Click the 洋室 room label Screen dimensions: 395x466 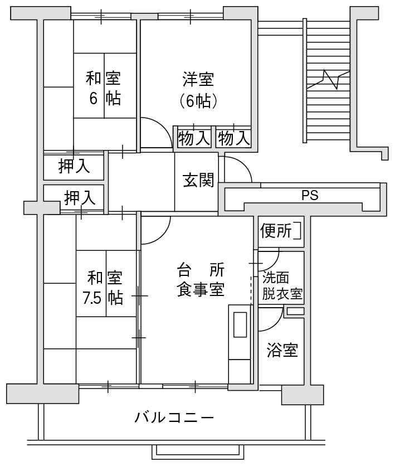[x=198, y=79]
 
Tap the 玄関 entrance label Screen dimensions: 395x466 [x=198, y=180]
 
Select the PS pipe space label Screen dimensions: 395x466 [x=310, y=195]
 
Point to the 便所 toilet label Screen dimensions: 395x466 [x=276, y=231]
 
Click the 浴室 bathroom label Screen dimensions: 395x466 [x=282, y=350]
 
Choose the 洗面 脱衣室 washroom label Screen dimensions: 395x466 [x=282, y=286]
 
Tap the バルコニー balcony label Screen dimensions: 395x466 [x=174, y=418]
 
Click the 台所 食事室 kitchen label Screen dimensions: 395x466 [x=201, y=280]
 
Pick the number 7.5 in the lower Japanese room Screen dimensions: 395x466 [x=92, y=298]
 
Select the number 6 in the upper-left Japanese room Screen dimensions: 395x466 [x=93, y=98]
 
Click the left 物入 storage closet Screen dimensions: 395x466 [x=194, y=138]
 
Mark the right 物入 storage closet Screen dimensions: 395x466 [x=234, y=138]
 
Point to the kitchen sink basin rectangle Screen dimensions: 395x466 [x=240, y=324]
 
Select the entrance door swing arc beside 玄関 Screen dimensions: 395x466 [x=244, y=164]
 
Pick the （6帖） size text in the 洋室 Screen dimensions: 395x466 [x=198, y=101]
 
